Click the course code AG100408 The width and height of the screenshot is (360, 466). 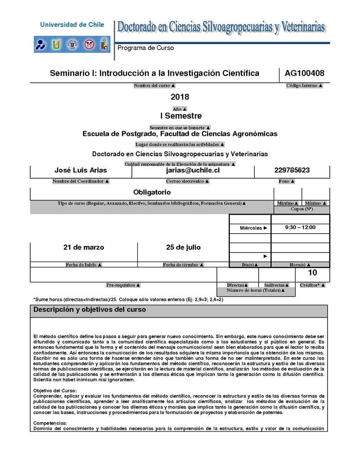[x=305, y=73]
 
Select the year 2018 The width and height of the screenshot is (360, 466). [x=180, y=97]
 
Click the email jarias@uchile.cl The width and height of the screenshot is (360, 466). [x=193, y=171]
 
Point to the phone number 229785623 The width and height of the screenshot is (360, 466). [x=292, y=171]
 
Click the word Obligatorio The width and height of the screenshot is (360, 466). [x=152, y=192]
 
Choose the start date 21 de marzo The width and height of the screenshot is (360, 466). [x=84, y=247]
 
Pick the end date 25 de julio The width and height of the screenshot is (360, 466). [x=183, y=247]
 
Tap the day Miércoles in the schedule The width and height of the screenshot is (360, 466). [x=251, y=228]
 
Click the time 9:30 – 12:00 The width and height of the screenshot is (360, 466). [x=300, y=227]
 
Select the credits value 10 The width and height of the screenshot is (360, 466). [x=312, y=273]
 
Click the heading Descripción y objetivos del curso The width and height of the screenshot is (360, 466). [x=90, y=310]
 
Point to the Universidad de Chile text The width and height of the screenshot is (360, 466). [x=72, y=25]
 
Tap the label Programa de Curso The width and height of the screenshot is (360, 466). [x=145, y=48]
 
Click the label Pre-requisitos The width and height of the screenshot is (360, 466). [x=123, y=285]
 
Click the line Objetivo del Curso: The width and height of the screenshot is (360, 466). [x=55, y=390]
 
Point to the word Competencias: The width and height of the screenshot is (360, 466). [x=50, y=423]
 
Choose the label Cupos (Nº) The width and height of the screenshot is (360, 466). [x=302, y=209]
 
